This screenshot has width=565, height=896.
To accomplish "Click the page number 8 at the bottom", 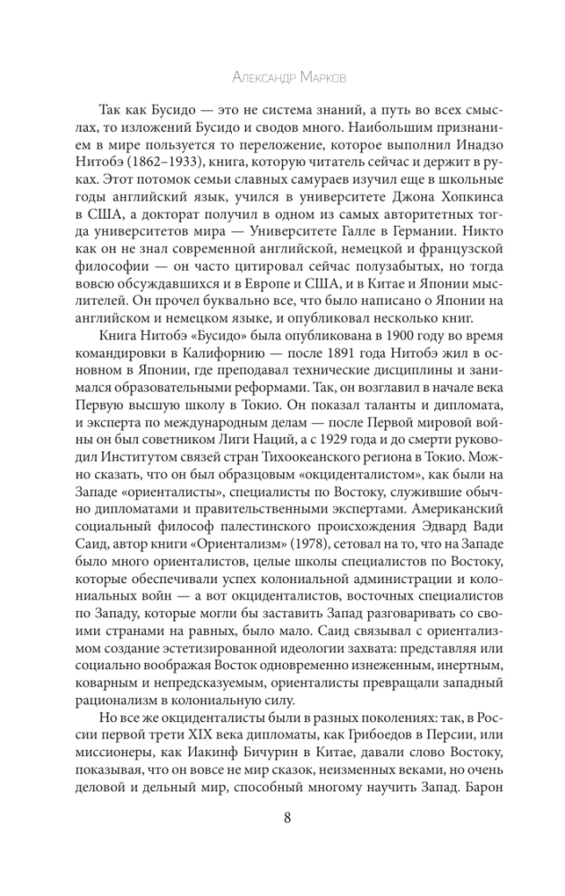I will pos(283,817).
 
